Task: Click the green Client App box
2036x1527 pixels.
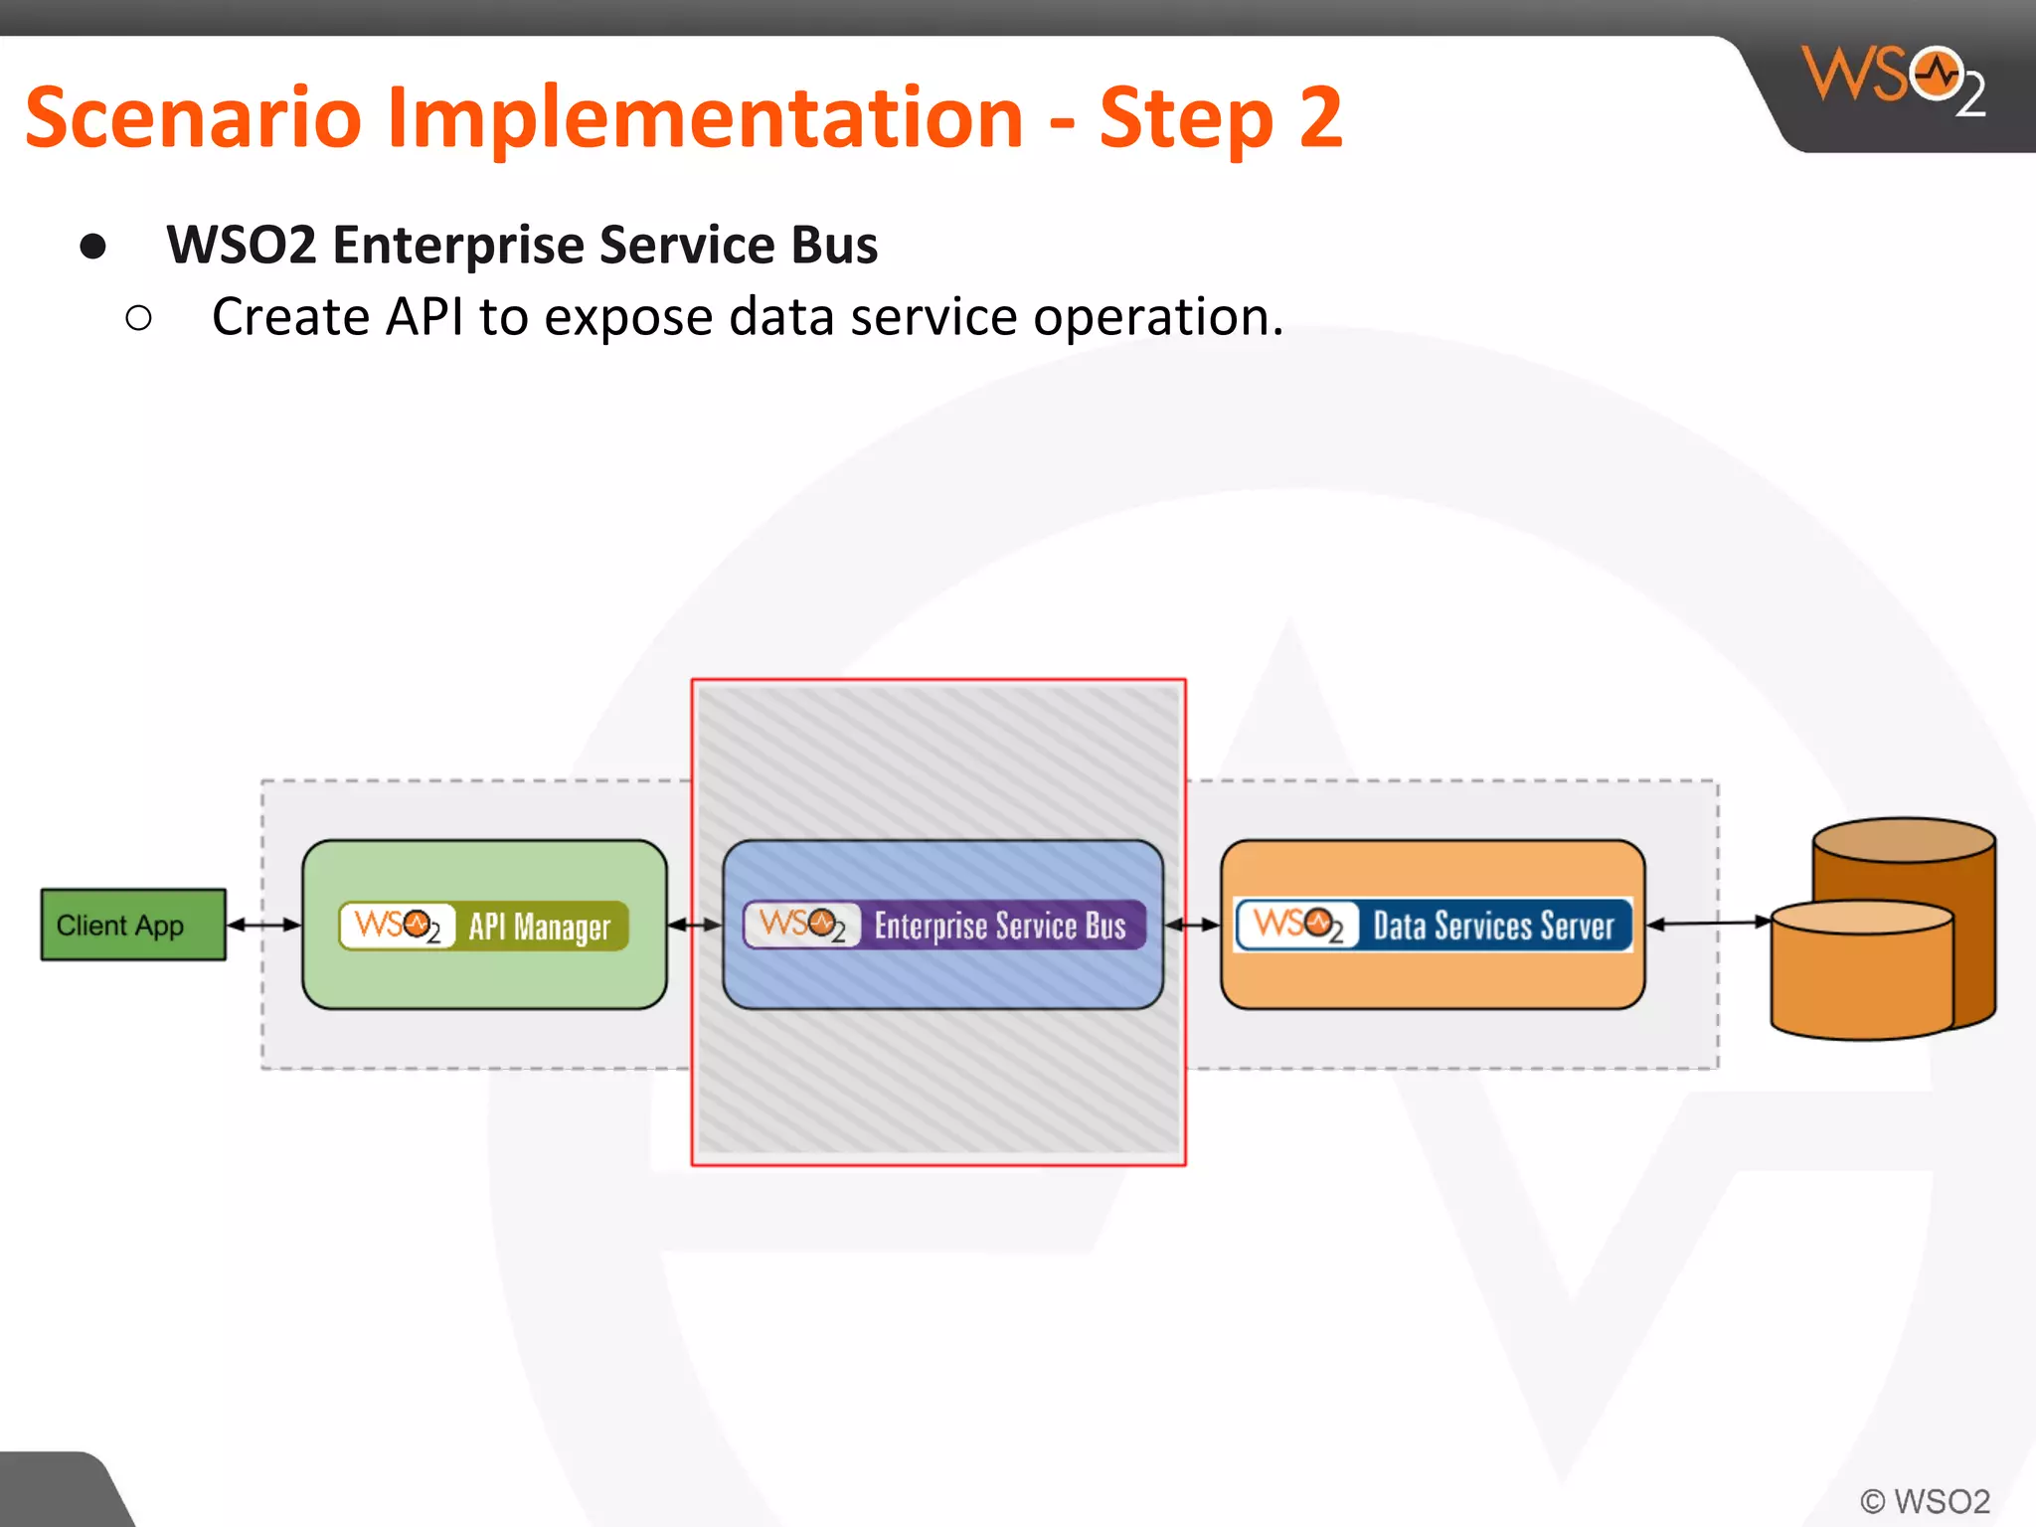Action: pyautogui.click(x=133, y=925)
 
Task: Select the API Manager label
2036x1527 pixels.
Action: pyautogui.click(x=539, y=927)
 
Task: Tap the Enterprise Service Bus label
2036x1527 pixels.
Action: pyautogui.click(x=999, y=926)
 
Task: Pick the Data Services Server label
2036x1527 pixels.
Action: pyautogui.click(x=1492, y=926)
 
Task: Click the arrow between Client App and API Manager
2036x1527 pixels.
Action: pyautogui.click(x=263, y=925)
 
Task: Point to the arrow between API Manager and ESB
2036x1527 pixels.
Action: pyautogui.click(x=694, y=925)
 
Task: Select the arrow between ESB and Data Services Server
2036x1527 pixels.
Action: pyautogui.click(x=1191, y=925)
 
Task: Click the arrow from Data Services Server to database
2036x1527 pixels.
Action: pyautogui.click(x=1708, y=924)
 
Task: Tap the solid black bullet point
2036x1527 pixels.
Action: pyautogui.click(x=93, y=247)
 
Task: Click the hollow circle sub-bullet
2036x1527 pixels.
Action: pyautogui.click(x=139, y=318)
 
